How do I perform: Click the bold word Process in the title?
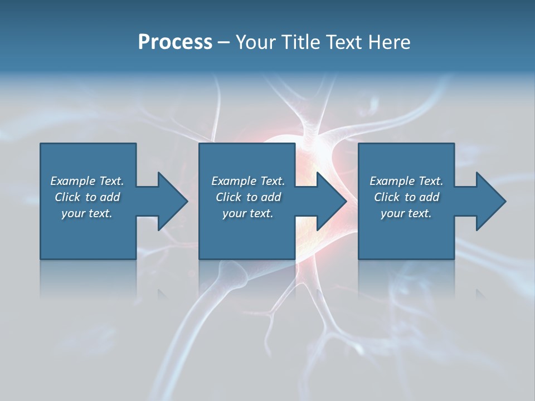(x=175, y=42)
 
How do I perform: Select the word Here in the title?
(x=389, y=42)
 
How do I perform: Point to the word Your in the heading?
(x=256, y=42)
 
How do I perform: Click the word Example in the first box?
(x=73, y=181)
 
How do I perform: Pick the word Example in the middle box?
(x=234, y=181)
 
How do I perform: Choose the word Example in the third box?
(x=392, y=181)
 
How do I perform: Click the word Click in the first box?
(x=67, y=197)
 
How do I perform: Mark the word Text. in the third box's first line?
(x=431, y=180)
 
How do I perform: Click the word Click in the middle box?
(x=228, y=197)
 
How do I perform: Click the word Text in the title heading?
(x=344, y=42)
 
